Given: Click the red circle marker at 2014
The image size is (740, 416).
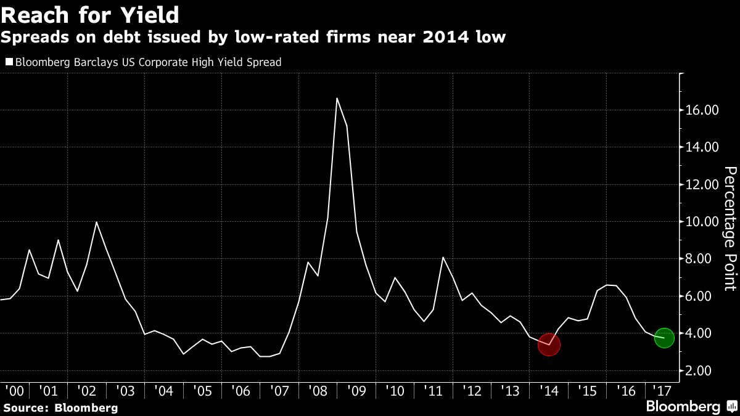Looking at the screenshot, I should [548, 345].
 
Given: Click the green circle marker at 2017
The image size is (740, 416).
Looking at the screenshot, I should [664, 337].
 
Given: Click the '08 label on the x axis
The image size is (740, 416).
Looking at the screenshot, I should [317, 391].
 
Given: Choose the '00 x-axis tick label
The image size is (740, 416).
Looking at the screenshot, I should [14, 391].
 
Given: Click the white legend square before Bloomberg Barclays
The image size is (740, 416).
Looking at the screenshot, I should [9, 62].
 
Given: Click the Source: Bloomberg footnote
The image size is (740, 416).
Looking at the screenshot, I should [60, 407].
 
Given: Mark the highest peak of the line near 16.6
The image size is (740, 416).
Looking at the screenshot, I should [337, 98].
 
